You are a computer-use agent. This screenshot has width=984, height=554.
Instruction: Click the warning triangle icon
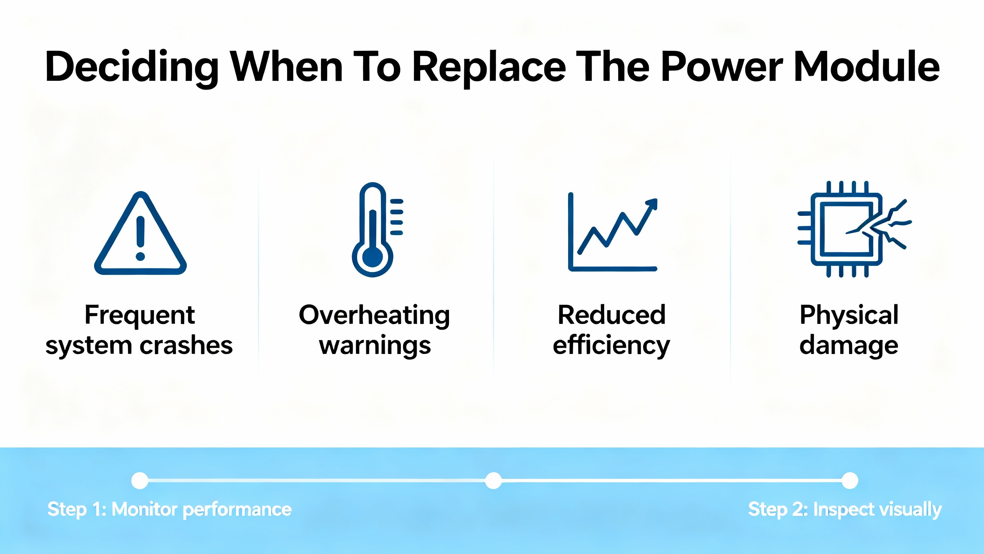coord(140,233)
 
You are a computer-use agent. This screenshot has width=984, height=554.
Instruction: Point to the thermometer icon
coord(377,230)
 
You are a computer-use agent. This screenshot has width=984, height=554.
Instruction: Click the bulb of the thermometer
coord(372,257)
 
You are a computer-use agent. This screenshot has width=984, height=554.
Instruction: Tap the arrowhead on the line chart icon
coord(652,204)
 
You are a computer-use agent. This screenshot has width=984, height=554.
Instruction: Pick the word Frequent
coord(140,315)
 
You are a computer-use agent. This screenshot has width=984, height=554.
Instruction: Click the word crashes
coord(186,345)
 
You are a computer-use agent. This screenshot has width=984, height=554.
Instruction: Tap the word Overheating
coord(374,315)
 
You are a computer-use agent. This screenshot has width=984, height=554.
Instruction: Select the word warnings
coord(375,345)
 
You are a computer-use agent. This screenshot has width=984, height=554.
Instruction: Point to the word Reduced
coord(612,315)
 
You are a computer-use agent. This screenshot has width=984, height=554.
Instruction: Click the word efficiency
coord(611,345)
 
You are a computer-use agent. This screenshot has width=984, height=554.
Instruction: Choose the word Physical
coord(849,315)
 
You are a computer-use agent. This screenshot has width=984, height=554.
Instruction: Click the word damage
coord(849,345)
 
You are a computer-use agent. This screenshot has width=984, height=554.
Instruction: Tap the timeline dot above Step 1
coord(140,481)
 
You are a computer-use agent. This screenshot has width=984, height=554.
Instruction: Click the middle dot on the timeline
coord(494,481)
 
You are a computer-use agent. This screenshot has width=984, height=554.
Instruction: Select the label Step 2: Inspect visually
coord(844,510)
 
